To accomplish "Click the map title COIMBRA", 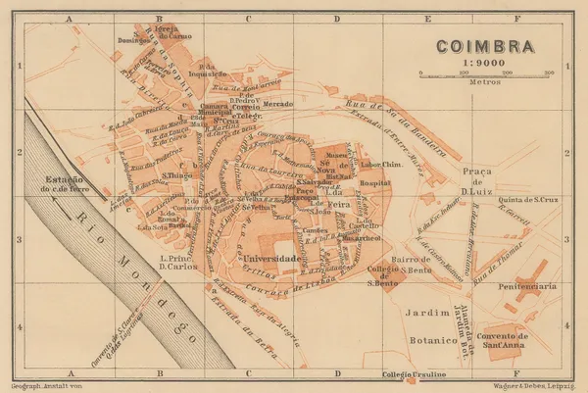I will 481,45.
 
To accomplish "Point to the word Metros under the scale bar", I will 481,84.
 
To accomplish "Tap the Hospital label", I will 374,183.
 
